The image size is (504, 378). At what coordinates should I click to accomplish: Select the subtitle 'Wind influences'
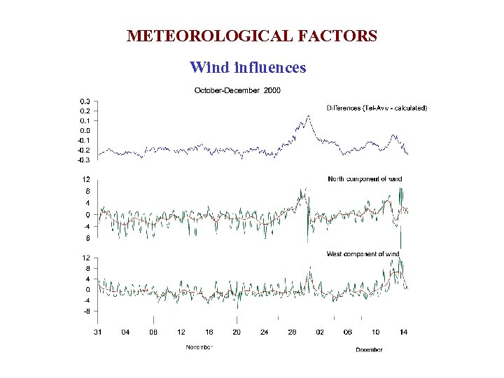(x=248, y=68)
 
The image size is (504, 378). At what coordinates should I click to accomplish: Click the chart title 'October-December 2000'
(x=237, y=90)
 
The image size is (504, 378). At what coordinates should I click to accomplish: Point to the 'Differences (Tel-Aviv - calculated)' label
(x=377, y=108)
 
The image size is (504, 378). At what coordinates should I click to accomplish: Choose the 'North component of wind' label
(x=365, y=179)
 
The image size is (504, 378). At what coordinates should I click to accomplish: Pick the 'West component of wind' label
(x=363, y=254)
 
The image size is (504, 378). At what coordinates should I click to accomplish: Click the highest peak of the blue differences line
(x=308, y=116)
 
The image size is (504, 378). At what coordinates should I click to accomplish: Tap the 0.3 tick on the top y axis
(x=84, y=101)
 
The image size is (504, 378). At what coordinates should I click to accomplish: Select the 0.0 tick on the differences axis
(x=84, y=131)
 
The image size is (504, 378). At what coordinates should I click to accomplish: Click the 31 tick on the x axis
(x=98, y=332)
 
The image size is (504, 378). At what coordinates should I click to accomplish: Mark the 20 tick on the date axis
(x=237, y=332)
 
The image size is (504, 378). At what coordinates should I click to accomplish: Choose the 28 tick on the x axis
(x=292, y=332)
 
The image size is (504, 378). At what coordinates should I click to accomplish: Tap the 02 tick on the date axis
(x=320, y=332)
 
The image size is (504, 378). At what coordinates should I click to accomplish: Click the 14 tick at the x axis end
(x=403, y=332)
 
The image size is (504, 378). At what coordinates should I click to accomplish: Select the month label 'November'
(x=199, y=347)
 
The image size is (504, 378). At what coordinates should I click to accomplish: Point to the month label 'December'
(x=369, y=349)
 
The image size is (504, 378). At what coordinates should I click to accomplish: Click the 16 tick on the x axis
(x=209, y=332)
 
